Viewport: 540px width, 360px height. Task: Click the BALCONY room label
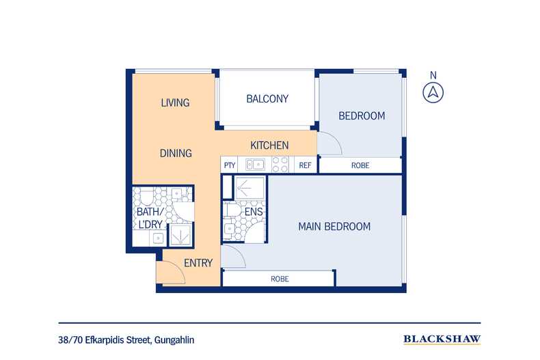[x=267, y=99]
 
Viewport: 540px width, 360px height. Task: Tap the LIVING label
[x=175, y=102]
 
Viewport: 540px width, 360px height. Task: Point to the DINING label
[x=176, y=153]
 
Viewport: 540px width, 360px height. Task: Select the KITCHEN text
[x=269, y=146]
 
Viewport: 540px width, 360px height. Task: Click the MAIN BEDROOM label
[x=334, y=227]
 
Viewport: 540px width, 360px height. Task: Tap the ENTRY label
[x=198, y=263]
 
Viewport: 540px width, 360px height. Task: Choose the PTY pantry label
[x=230, y=165]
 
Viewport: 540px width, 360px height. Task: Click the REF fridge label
[x=305, y=165]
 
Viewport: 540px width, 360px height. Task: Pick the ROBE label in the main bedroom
[x=280, y=279]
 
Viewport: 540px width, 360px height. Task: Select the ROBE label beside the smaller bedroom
[x=360, y=165]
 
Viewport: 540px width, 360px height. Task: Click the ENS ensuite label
[x=254, y=212]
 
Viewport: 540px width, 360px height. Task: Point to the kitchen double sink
[x=255, y=165]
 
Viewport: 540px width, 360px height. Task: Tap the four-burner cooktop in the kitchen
[x=280, y=165]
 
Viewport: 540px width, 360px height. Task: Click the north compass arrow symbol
[x=433, y=93]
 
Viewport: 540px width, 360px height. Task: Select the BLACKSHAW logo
[x=442, y=340]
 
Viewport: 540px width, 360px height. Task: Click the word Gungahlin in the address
[x=174, y=340]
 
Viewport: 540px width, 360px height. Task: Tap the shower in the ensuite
[x=249, y=188]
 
